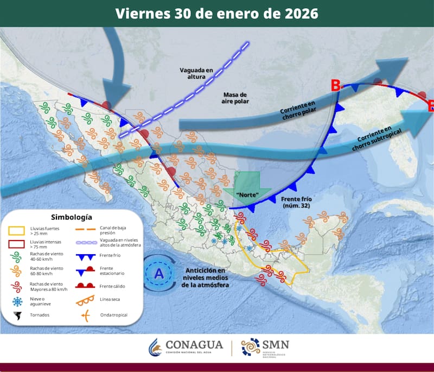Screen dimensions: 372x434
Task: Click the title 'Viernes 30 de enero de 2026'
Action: [216, 13]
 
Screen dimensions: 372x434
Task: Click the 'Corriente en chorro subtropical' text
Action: [373, 138]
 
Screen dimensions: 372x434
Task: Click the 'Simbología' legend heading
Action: [71, 217]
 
